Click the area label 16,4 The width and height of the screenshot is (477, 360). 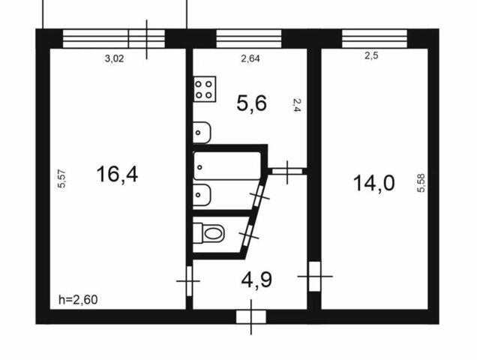click(x=117, y=174)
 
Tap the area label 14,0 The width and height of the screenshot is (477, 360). click(x=373, y=183)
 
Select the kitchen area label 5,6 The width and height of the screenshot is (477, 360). click(x=251, y=103)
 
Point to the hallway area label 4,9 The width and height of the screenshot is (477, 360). click(x=256, y=280)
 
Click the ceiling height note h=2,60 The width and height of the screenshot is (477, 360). click(x=78, y=300)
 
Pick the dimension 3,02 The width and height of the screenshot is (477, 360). click(x=115, y=58)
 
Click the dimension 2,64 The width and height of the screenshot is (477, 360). click(x=250, y=58)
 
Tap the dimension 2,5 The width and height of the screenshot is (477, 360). click(x=371, y=55)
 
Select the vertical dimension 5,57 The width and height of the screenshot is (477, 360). click(x=61, y=178)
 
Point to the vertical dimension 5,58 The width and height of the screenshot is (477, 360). click(x=421, y=183)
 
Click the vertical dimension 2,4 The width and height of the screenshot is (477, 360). click(x=297, y=105)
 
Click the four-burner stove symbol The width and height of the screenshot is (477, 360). click(x=205, y=89)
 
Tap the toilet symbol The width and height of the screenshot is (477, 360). click(x=209, y=233)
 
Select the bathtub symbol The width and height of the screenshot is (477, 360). click(x=227, y=166)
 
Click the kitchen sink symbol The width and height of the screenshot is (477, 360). click(x=202, y=133)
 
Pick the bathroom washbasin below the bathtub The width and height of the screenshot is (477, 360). click(x=202, y=195)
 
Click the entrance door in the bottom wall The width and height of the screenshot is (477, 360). click(x=251, y=316)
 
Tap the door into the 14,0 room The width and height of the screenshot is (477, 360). click(x=314, y=276)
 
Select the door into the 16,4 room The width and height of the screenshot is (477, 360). click(x=189, y=281)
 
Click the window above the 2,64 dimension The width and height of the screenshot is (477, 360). click(x=248, y=39)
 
